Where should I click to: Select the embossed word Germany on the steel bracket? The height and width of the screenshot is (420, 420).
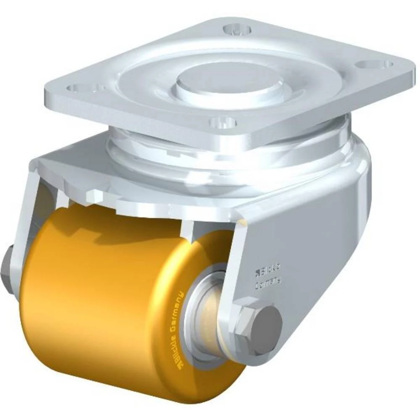pyautogui.click(x=269, y=282)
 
